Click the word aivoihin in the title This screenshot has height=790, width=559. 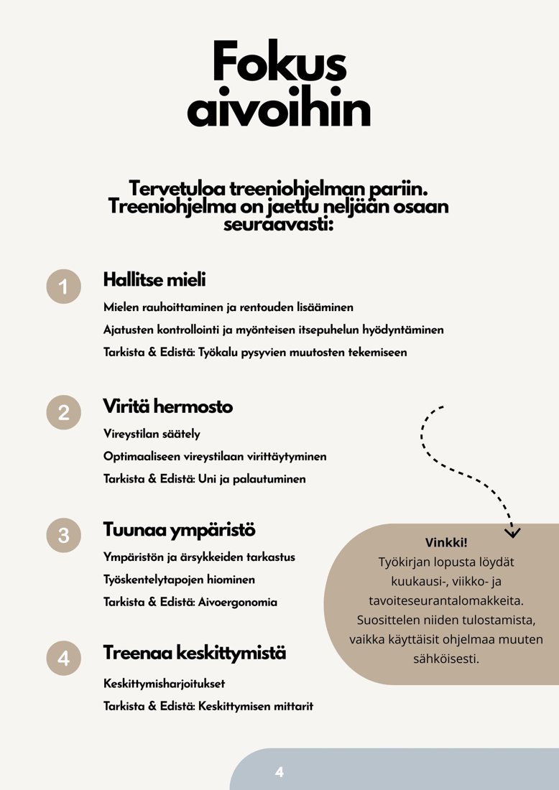click(x=279, y=111)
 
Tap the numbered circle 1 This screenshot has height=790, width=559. click(x=64, y=287)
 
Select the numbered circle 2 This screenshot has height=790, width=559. click(x=64, y=412)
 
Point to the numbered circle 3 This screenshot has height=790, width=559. click(x=64, y=536)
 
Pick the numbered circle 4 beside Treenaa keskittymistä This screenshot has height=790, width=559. click(x=64, y=659)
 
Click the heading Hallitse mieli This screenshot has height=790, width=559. click(x=154, y=280)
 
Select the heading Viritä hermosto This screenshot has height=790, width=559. click(x=168, y=406)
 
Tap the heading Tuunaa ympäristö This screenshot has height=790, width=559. click(x=179, y=530)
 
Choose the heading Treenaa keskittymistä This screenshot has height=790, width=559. click(x=195, y=654)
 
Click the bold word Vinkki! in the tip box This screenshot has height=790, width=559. click(x=446, y=542)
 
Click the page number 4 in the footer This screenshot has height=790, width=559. click(x=279, y=772)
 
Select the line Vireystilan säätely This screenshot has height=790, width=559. click(x=152, y=434)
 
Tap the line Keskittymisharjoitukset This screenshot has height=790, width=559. click(x=169, y=684)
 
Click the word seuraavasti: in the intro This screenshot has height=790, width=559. click(x=279, y=224)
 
